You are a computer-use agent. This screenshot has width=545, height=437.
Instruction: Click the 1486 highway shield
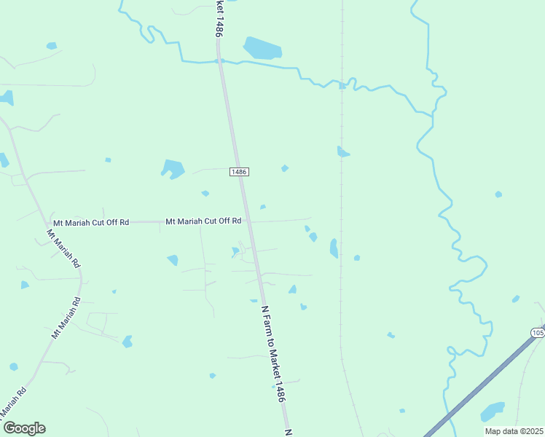pos(240,171)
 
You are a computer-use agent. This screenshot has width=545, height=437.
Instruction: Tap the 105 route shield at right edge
pos(538,333)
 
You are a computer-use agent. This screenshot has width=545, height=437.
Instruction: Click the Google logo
pos(23,428)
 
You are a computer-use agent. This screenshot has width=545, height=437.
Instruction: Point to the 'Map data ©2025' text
pos(514,431)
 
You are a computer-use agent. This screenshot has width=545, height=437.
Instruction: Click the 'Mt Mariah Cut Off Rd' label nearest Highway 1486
pos(203,221)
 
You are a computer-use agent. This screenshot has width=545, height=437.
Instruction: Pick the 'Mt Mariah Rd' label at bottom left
pos(13,401)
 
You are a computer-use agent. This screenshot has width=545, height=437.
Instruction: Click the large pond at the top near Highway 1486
pos(262,48)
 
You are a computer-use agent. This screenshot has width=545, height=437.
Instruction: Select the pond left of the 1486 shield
pos(173,169)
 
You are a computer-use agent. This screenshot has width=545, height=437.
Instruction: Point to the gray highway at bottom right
pos(481,386)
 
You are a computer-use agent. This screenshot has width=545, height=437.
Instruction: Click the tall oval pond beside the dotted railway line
pos(334,248)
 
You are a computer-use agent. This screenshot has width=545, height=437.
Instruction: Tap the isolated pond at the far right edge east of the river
pos(498,194)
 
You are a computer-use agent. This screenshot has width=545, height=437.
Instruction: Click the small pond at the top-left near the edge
pos(52,46)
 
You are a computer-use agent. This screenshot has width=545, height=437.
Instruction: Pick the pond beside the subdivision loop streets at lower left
pos(128,341)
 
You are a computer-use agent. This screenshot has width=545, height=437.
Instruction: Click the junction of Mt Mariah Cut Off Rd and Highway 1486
pos(246,221)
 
